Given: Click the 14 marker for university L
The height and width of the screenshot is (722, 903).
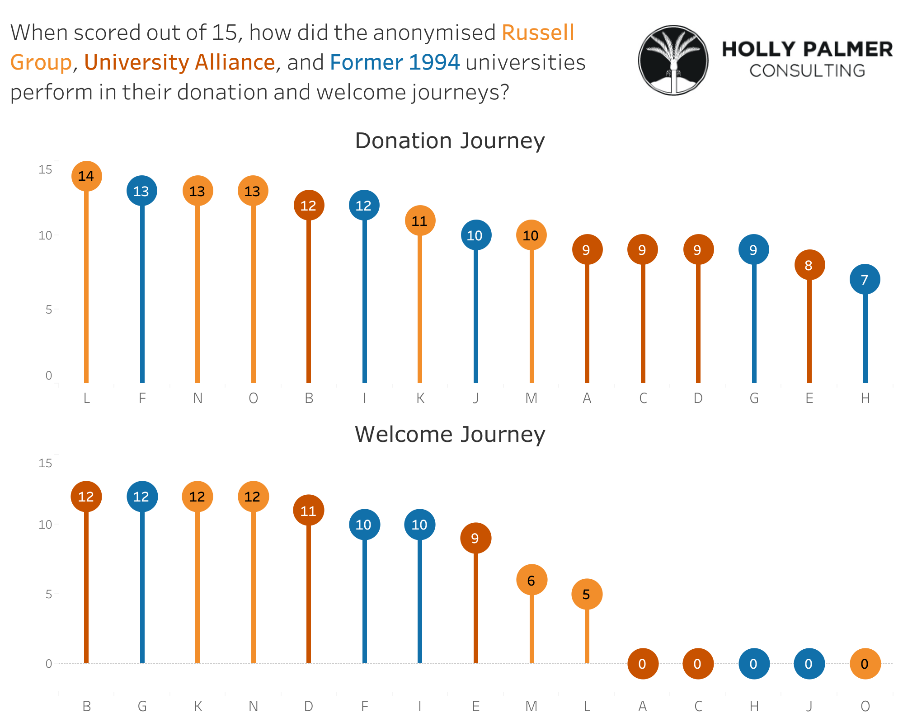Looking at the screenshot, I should click(86, 176).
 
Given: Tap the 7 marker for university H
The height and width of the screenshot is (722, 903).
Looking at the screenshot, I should click(865, 280).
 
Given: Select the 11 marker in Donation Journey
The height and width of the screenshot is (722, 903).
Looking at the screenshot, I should click(420, 220).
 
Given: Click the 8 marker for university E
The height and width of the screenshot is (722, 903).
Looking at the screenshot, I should click(809, 265).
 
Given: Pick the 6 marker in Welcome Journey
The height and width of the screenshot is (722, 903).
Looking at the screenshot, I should click(531, 580).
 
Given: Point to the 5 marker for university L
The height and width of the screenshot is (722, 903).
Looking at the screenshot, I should click(587, 594).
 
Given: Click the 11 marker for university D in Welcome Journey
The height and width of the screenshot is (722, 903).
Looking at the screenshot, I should click(309, 511).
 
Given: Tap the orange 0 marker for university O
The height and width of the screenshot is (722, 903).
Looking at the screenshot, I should click(865, 664).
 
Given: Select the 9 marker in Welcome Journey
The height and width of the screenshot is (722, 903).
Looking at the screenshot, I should click(475, 538).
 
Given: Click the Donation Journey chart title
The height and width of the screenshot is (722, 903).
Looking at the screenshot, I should click(450, 141).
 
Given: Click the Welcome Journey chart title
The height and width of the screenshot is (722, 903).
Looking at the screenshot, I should click(450, 434).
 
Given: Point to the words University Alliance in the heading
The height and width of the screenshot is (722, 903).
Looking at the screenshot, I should click(179, 62).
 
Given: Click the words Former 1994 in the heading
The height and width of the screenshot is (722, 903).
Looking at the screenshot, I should click(395, 62).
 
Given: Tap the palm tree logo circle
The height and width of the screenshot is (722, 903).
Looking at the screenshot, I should click(673, 60).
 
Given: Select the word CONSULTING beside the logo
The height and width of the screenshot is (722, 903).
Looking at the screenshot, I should click(807, 71).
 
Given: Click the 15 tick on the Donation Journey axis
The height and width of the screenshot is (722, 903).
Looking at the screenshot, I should click(45, 169).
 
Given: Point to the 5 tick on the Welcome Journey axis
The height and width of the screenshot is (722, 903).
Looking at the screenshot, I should click(48, 594).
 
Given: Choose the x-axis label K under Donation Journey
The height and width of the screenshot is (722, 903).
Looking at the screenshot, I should click(420, 398).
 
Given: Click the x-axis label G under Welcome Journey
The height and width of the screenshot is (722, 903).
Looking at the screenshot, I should click(142, 706).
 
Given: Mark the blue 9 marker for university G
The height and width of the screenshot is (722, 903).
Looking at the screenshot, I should click(753, 250).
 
